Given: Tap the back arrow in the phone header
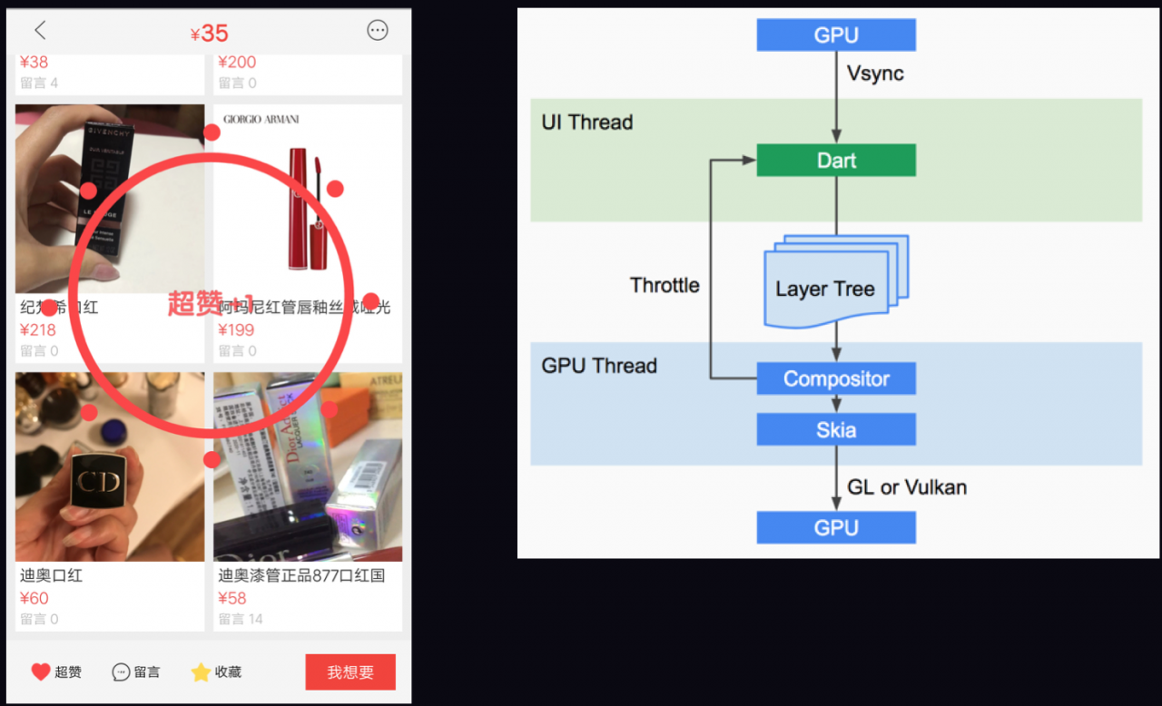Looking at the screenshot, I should coord(40,31).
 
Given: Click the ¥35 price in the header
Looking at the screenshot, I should coord(210,34).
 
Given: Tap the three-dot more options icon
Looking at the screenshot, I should coord(378,30).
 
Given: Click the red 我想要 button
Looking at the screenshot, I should coord(350,672).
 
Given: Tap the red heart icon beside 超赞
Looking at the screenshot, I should coord(41,672).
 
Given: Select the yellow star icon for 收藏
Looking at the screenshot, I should coord(201,672).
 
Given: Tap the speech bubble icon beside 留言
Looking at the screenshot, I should coord(121,672).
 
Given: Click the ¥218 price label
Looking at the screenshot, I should coord(38,330).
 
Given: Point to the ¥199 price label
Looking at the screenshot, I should coord(236,330).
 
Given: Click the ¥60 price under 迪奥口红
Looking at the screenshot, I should coord(34,598).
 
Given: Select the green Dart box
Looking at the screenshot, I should coord(836,161).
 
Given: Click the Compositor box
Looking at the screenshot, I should coord(836,379).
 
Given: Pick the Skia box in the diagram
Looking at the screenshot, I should coord(836,429).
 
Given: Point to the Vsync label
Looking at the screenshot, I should coord(875,74).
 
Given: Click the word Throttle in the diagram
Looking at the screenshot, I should coord(665,286).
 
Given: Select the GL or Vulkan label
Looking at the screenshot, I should coord(907,487).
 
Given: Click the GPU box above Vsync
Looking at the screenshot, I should coord(836,35).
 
